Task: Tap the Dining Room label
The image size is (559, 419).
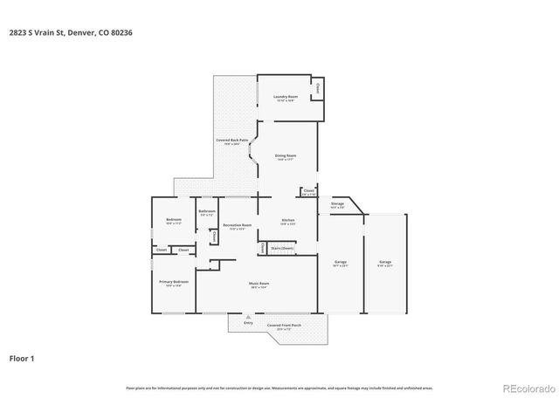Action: [x=286, y=156]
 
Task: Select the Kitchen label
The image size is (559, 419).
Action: [x=287, y=220]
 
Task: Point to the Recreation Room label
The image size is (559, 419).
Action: [x=231, y=226]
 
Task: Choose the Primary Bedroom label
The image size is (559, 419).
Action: [x=173, y=283]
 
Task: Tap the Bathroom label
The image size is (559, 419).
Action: [x=207, y=212]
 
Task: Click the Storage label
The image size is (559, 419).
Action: [x=337, y=204]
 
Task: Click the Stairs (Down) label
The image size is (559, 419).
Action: [x=282, y=248]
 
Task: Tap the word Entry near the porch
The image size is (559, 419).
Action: [x=248, y=323]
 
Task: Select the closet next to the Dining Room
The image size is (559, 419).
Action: [x=309, y=191]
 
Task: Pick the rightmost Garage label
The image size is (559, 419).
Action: [x=385, y=263]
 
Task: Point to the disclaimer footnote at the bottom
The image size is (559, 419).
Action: [x=279, y=388]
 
